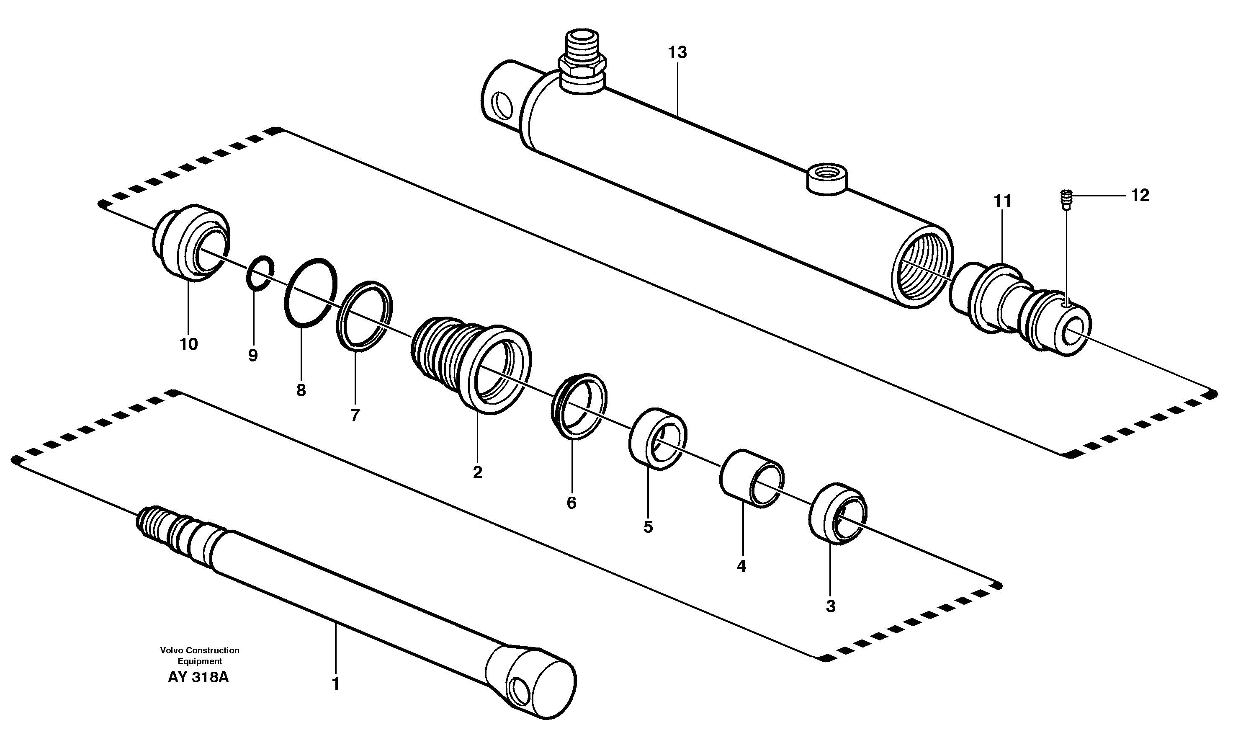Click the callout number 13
(x=677, y=53)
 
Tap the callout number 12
(x=1140, y=195)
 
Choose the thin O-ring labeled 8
(x=310, y=294)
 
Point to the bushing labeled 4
(x=751, y=479)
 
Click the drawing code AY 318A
(x=198, y=677)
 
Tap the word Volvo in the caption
(x=172, y=650)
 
